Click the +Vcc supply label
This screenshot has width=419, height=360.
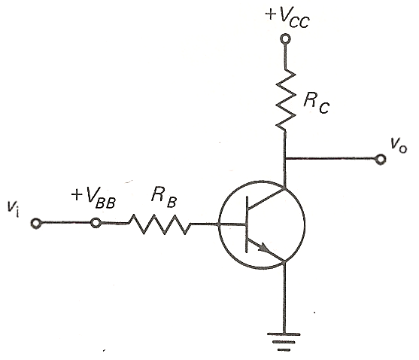click(x=287, y=19)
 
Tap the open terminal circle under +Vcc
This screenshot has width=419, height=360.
click(x=285, y=39)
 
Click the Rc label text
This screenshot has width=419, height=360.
click(x=316, y=103)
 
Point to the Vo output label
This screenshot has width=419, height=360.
click(x=399, y=146)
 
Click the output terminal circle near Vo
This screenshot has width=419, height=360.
click(x=380, y=160)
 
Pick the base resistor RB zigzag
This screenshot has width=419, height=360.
click(x=159, y=224)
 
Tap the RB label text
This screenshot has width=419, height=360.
click(x=164, y=197)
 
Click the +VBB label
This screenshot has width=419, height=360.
click(x=93, y=197)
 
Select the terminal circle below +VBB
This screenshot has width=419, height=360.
click(x=96, y=222)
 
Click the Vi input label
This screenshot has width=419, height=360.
click(x=14, y=209)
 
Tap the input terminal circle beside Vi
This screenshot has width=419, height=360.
click(x=36, y=223)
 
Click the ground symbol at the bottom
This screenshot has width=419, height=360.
click(x=284, y=342)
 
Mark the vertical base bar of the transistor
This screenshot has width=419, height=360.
click(x=247, y=224)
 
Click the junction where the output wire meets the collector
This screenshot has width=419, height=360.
click(x=285, y=159)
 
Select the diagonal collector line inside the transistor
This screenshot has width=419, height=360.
click(x=266, y=199)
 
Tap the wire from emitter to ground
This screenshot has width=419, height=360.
click(x=284, y=297)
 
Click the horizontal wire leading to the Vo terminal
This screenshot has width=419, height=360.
click(x=330, y=159)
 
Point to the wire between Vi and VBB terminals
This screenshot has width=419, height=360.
click(x=66, y=222)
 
